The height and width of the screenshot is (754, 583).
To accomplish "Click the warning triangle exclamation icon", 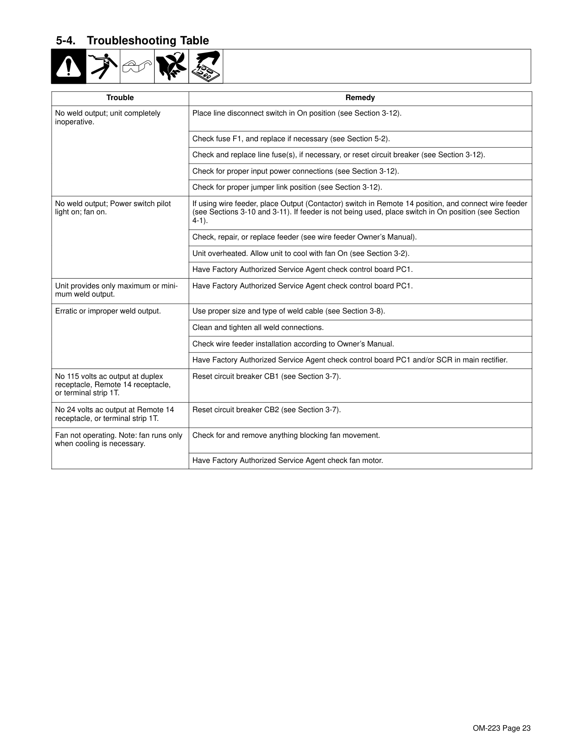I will click(69, 67).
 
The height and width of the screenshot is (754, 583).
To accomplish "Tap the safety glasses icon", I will click(137, 67).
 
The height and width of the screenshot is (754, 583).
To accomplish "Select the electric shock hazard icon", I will click(103, 67).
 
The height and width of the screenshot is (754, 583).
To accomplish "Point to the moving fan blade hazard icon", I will click(171, 67).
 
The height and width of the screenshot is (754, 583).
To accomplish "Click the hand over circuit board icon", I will click(206, 67).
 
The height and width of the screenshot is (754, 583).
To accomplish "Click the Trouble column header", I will click(120, 98).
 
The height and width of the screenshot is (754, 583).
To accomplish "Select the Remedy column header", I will click(360, 98).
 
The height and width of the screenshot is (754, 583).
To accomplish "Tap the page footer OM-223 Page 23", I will click(502, 728).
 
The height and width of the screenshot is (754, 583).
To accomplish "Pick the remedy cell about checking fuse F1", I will click(291, 139).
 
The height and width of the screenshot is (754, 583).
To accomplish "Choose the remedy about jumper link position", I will click(287, 187).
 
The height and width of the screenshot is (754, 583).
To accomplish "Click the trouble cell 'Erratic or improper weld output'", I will click(108, 311).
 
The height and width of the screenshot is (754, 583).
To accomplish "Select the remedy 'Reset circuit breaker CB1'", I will click(266, 377).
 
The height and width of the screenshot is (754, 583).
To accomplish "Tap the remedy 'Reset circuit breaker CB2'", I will click(266, 410).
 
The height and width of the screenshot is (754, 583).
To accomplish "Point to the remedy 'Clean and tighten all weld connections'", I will click(258, 328).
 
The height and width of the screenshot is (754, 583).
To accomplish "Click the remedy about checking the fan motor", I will click(288, 461).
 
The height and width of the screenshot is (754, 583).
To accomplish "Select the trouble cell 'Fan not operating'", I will click(118, 440).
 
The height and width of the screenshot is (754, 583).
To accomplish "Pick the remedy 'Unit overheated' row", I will click(300, 254).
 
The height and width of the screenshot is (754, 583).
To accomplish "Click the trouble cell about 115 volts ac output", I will click(112, 385).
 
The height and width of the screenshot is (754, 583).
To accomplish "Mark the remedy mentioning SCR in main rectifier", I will click(350, 360).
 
